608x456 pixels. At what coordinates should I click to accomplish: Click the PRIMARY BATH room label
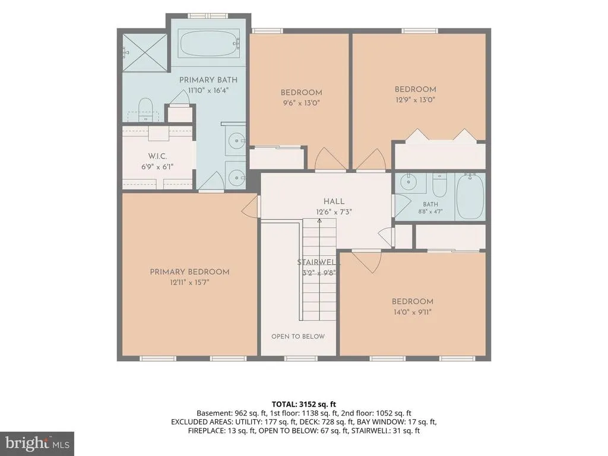click(208, 80)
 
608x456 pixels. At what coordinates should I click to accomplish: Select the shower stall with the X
click(145, 53)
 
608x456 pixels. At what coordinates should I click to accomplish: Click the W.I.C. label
click(157, 156)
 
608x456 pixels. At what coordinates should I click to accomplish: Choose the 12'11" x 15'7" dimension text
click(189, 282)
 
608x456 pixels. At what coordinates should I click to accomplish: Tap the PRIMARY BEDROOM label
click(189, 272)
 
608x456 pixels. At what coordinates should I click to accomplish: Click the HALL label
click(334, 202)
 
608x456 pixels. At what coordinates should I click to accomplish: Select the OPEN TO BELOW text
click(298, 337)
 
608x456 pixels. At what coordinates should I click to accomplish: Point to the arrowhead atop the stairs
click(319, 221)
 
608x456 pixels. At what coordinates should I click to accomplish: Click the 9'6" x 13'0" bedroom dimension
click(301, 103)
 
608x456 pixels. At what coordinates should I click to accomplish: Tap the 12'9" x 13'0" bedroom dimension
click(415, 100)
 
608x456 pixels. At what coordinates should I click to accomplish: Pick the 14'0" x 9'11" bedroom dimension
click(412, 312)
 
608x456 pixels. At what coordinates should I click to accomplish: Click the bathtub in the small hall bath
click(470, 196)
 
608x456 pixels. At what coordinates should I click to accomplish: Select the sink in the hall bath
click(407, 182)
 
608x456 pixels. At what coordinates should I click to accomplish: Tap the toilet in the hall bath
click(440, 185)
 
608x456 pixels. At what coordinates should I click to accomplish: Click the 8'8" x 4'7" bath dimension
click(430, 212)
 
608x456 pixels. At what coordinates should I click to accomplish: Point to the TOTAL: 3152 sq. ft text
click(303, 405)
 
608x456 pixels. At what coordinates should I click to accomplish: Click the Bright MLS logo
click(37, 443)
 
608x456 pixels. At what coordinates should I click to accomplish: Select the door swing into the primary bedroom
click(250, 206)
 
